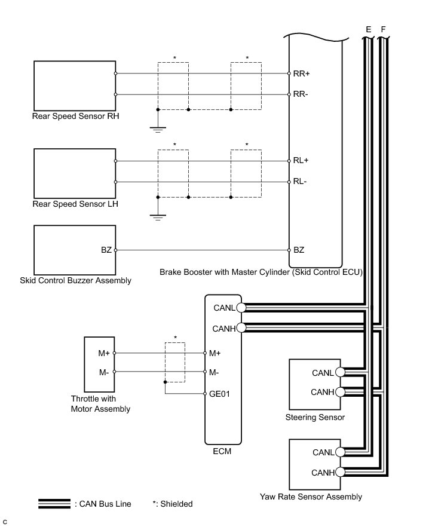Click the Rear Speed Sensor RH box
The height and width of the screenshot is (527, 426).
click(x=75, y=84)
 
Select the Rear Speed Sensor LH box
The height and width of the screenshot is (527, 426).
click(x=75, y=171)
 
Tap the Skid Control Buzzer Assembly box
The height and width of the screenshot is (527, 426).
click(x=75, y=249)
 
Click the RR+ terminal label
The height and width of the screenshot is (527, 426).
click(x=301, y=74)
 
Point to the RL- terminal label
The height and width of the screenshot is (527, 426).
click(x=299, y=182)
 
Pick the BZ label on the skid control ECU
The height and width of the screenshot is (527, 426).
click(x=299, y=250)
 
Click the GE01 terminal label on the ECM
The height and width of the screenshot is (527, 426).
click(x=219, y=394)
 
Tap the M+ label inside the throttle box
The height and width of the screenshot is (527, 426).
click(x=104, y=353)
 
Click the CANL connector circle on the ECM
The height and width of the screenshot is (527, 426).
click(x=241, y=308)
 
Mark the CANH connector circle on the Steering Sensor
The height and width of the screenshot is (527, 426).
click(x=340, y=392)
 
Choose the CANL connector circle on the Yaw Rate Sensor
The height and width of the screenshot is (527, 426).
click(x=340, y=452)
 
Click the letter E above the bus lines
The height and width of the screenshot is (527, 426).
click(x=368, y=29)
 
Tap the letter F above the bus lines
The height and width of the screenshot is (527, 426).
click(x=383, y=29)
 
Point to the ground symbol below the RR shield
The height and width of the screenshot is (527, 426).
click(x=158, y=129)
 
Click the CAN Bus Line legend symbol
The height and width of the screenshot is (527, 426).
click(x=55, y=504)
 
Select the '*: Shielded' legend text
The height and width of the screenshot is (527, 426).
click(x=173, y=504)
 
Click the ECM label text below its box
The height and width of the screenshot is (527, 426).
click(x=222, y=451)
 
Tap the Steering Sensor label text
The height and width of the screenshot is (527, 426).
click(x=315, y=417)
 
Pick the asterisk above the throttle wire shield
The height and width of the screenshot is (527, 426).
click(x=175, y=338)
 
